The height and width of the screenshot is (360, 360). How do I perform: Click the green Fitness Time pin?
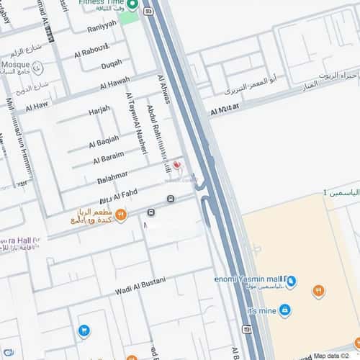point(132,5)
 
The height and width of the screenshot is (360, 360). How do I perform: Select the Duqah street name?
point(112,64)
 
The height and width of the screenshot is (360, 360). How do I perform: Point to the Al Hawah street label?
point(115,83)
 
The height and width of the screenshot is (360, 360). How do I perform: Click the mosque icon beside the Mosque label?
point(37,68)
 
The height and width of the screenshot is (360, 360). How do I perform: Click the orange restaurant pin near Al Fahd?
point(122,213)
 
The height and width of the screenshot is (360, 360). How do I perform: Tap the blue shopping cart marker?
point(84,330)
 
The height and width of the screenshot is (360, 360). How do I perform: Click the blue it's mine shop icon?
point(285,310)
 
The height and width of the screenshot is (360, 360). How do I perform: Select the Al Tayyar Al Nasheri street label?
point(131,122)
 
